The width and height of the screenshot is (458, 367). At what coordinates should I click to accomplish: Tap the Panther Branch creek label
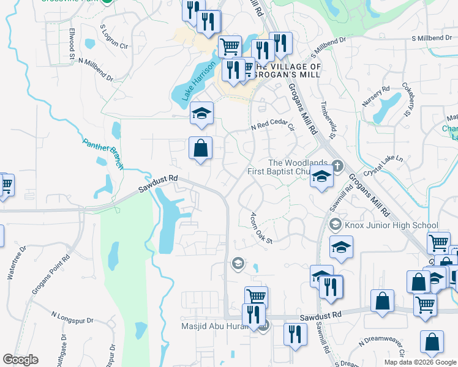pyautogui.click(x=103, y=153)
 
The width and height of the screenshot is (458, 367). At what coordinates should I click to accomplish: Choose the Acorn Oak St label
pyautogui.click(x=260, y=228)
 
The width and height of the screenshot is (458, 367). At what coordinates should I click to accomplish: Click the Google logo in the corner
pyautogui.click(x=21, y=360)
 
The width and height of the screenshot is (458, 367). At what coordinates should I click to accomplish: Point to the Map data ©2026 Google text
pyautogui.click(x=420, y=362)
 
